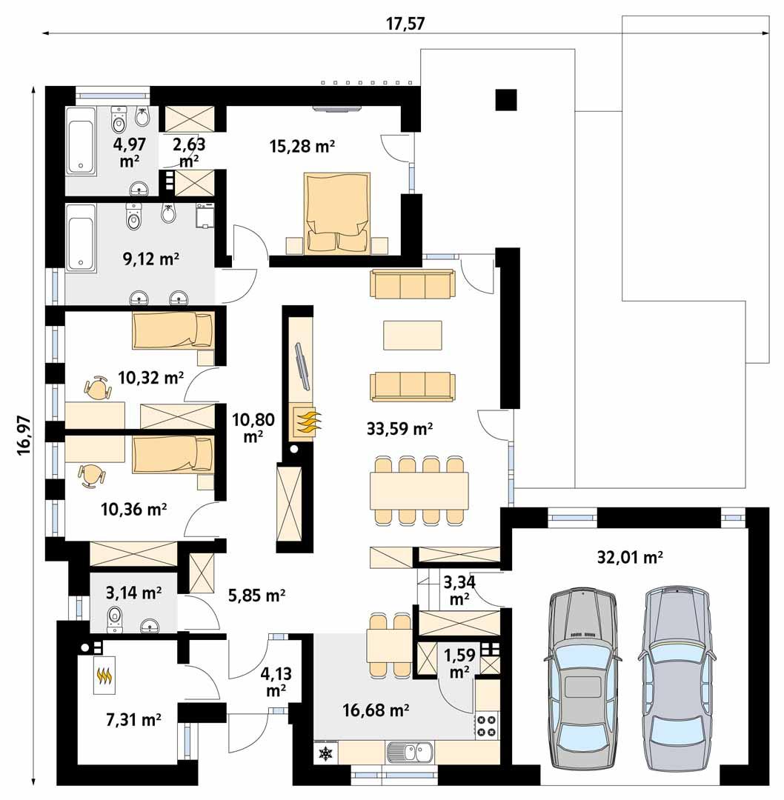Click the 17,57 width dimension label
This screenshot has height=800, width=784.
(405, 23)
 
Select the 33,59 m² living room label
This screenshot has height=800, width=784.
(399, 427)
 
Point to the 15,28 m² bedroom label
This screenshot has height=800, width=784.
(302, 147)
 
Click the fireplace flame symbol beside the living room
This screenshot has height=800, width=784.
(308, 423)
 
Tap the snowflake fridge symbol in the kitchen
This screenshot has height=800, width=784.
(325, 753)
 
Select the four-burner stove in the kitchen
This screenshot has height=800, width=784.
(486, 725)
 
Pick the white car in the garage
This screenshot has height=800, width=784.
(582, 679)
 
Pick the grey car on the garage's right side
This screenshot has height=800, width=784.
(676, 679)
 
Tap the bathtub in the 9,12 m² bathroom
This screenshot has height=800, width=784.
(80, 238)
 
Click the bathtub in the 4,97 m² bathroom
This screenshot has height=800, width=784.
(80, 140)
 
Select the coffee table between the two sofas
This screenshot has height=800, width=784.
(412, 335)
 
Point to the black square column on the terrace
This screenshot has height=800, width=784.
(506, 99)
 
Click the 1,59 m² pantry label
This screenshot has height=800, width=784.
(457, 664)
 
